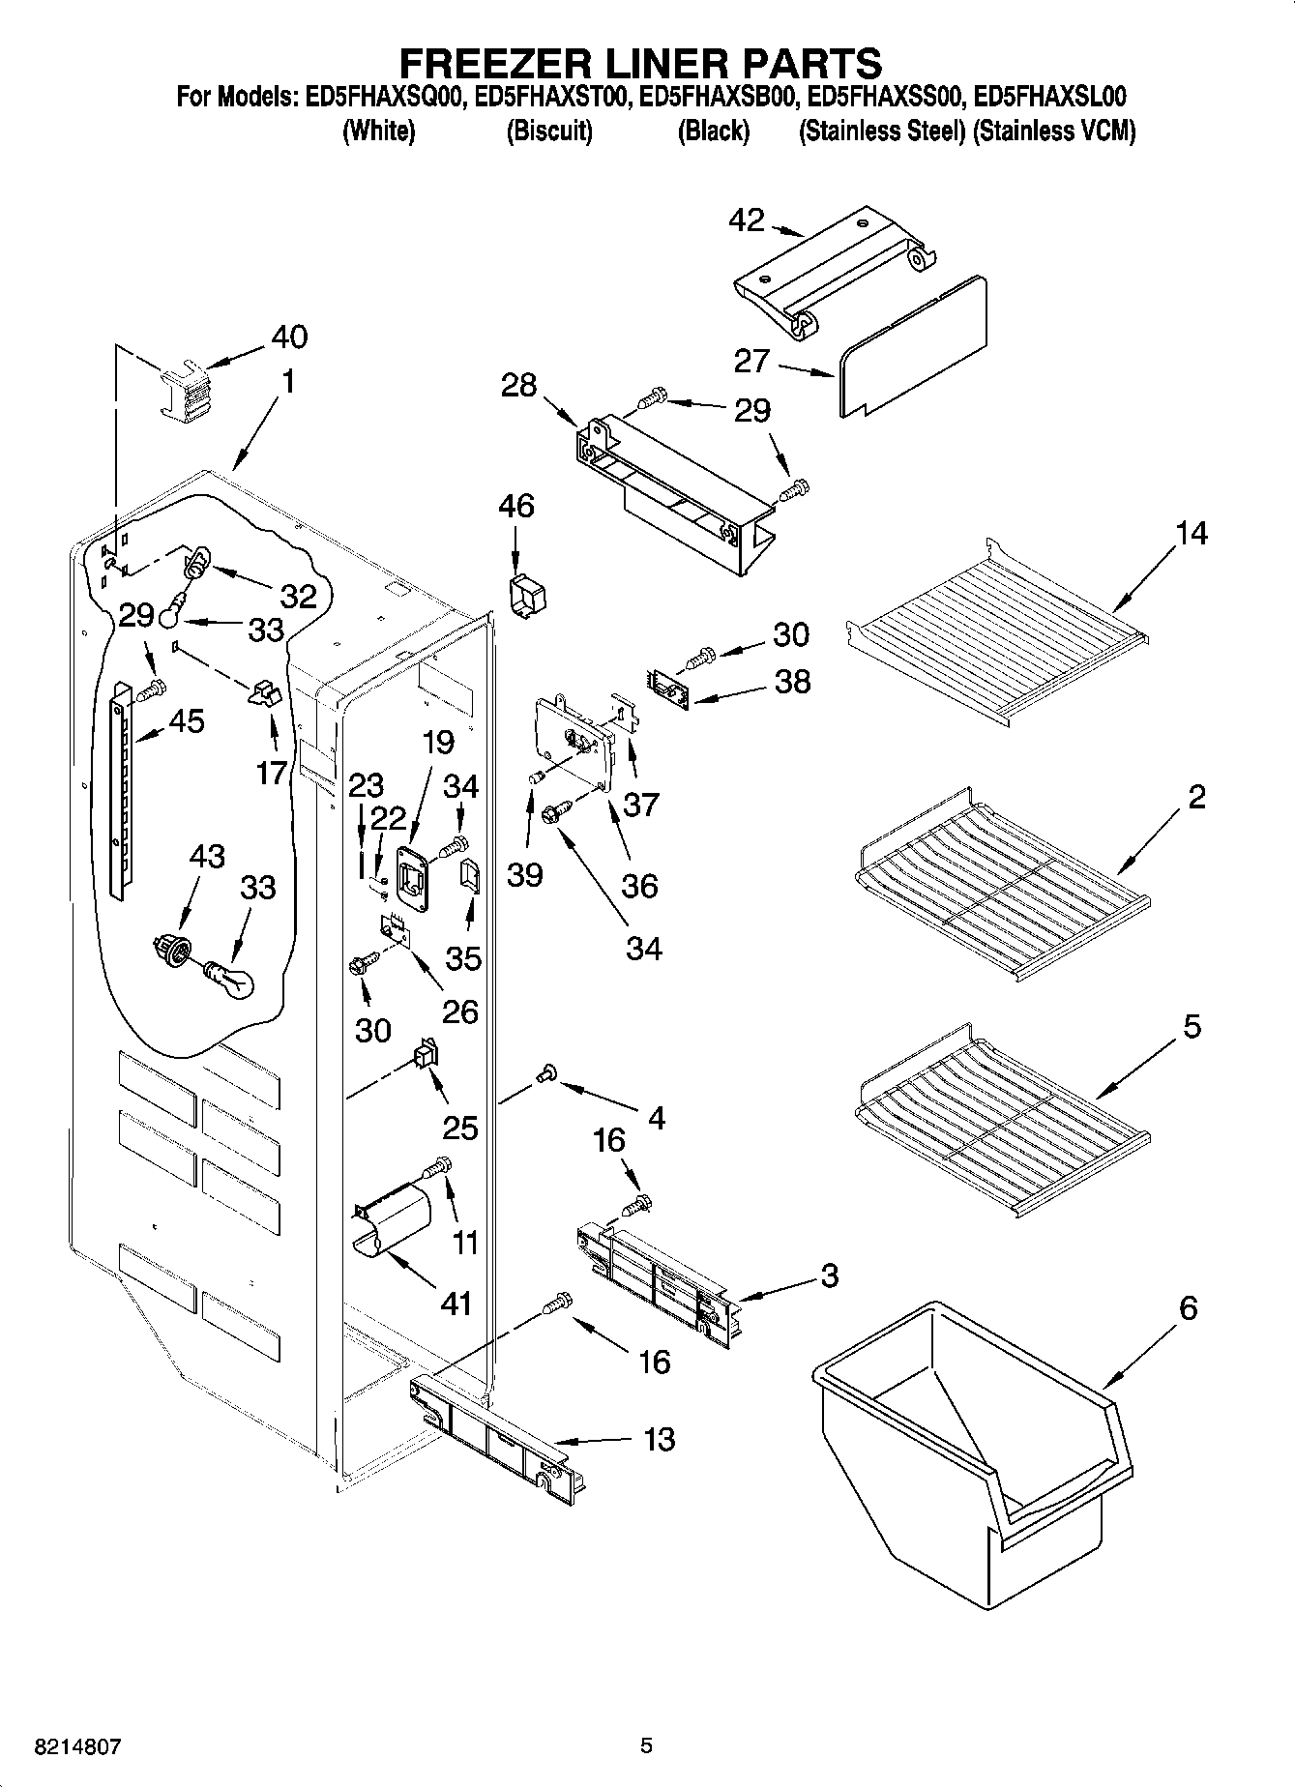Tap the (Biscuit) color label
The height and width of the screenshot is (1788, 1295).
coord(549,131)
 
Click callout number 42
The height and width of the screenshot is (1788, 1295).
coord(746,220)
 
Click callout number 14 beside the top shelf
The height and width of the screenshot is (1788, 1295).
coord(1192,533)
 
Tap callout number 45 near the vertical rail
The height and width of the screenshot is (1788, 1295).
coord(187,720)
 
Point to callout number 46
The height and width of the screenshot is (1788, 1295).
coord(516,506)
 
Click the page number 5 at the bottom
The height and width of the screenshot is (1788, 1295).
coord(646,1745)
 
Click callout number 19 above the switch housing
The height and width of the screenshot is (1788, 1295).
coord(437,743)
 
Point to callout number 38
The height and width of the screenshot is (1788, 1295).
coord(792,682)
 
